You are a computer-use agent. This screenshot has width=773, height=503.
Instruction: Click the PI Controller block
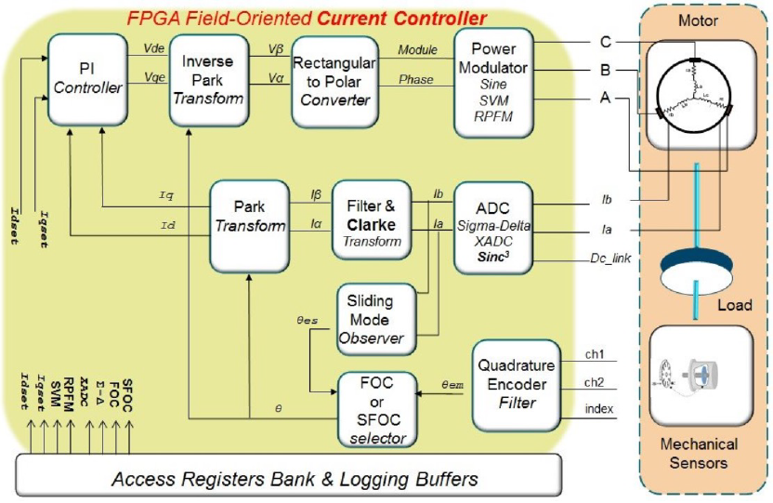coord(87,80)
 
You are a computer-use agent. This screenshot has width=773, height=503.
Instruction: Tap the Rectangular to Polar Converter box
coord(334,81)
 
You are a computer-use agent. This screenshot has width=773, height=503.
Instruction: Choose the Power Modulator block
coord(493,81)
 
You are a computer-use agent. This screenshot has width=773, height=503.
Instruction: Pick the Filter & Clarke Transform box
coord(371,219)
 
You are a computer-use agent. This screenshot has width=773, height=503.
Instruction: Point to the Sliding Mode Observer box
coord(370,319)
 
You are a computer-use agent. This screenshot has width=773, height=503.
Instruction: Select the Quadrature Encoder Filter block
coord(518,384)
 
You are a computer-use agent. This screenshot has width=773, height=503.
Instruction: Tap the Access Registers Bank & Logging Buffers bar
coord(294,479)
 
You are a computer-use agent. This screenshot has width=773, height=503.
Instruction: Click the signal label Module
coord(416,48)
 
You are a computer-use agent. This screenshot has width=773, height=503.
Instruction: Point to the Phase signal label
coord(415,80)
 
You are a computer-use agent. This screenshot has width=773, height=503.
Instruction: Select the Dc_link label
coord(610,258)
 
